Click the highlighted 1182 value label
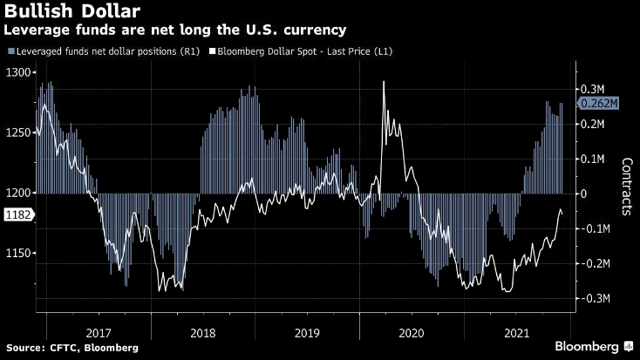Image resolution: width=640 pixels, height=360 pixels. (x=17, y=214)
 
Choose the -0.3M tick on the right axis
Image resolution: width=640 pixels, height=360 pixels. (x=595, y=298)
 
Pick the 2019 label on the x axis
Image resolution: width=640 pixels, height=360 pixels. (x=307, y=332)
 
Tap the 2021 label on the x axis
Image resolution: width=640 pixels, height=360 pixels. (x=517, y=332)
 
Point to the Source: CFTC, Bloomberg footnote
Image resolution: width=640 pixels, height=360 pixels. (x=71, y=348)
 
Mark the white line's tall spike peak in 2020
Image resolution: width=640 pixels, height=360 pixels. (x=384, y=82)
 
